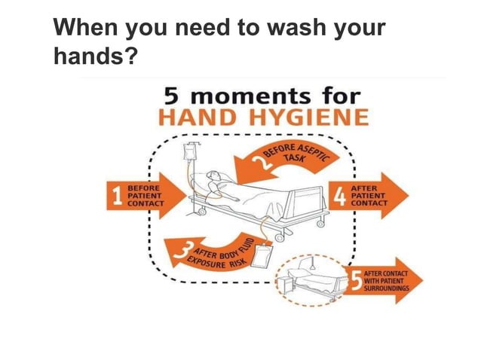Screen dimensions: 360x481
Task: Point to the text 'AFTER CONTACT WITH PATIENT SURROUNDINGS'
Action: pos(387,280)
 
